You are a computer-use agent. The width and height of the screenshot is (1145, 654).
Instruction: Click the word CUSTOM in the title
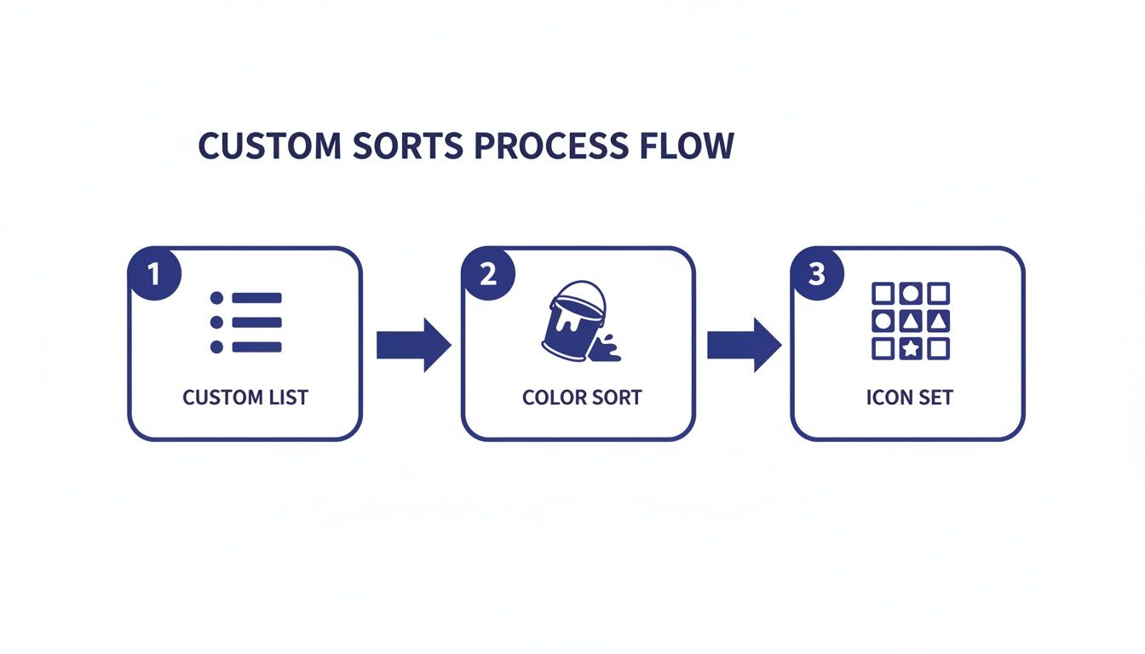pos(269,145)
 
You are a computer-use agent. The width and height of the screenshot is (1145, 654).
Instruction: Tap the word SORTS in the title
pos(408,145)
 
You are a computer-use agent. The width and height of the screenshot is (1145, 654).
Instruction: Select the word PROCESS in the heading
pos(551,145)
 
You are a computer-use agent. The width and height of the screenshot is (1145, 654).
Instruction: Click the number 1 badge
pos(155,273)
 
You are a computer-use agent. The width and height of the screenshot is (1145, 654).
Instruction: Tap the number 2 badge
pos(489,273)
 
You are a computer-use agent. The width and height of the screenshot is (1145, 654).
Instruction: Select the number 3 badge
pos(817,273)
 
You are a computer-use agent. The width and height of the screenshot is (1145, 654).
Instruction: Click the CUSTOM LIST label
pos(245,398)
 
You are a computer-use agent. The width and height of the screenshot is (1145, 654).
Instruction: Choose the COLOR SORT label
pos(582,398)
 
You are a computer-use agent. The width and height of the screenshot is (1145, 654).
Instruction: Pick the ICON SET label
pos(909,398)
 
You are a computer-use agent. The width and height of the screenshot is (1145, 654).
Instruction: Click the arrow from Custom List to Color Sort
pos(414,345)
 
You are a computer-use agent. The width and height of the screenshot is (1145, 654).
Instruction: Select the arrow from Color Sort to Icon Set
pos(745,345)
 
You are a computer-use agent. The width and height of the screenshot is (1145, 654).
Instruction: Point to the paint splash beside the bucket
pos(607,348)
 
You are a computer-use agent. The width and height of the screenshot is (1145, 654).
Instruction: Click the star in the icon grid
pos(911,349)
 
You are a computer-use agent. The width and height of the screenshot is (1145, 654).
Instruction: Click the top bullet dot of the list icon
pos(216,298)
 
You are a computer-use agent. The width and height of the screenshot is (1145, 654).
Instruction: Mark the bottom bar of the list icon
pos(256,347)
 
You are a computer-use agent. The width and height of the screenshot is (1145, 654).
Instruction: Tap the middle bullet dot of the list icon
pos(216,323)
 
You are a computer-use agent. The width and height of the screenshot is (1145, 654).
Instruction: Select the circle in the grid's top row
pos(911,294)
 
